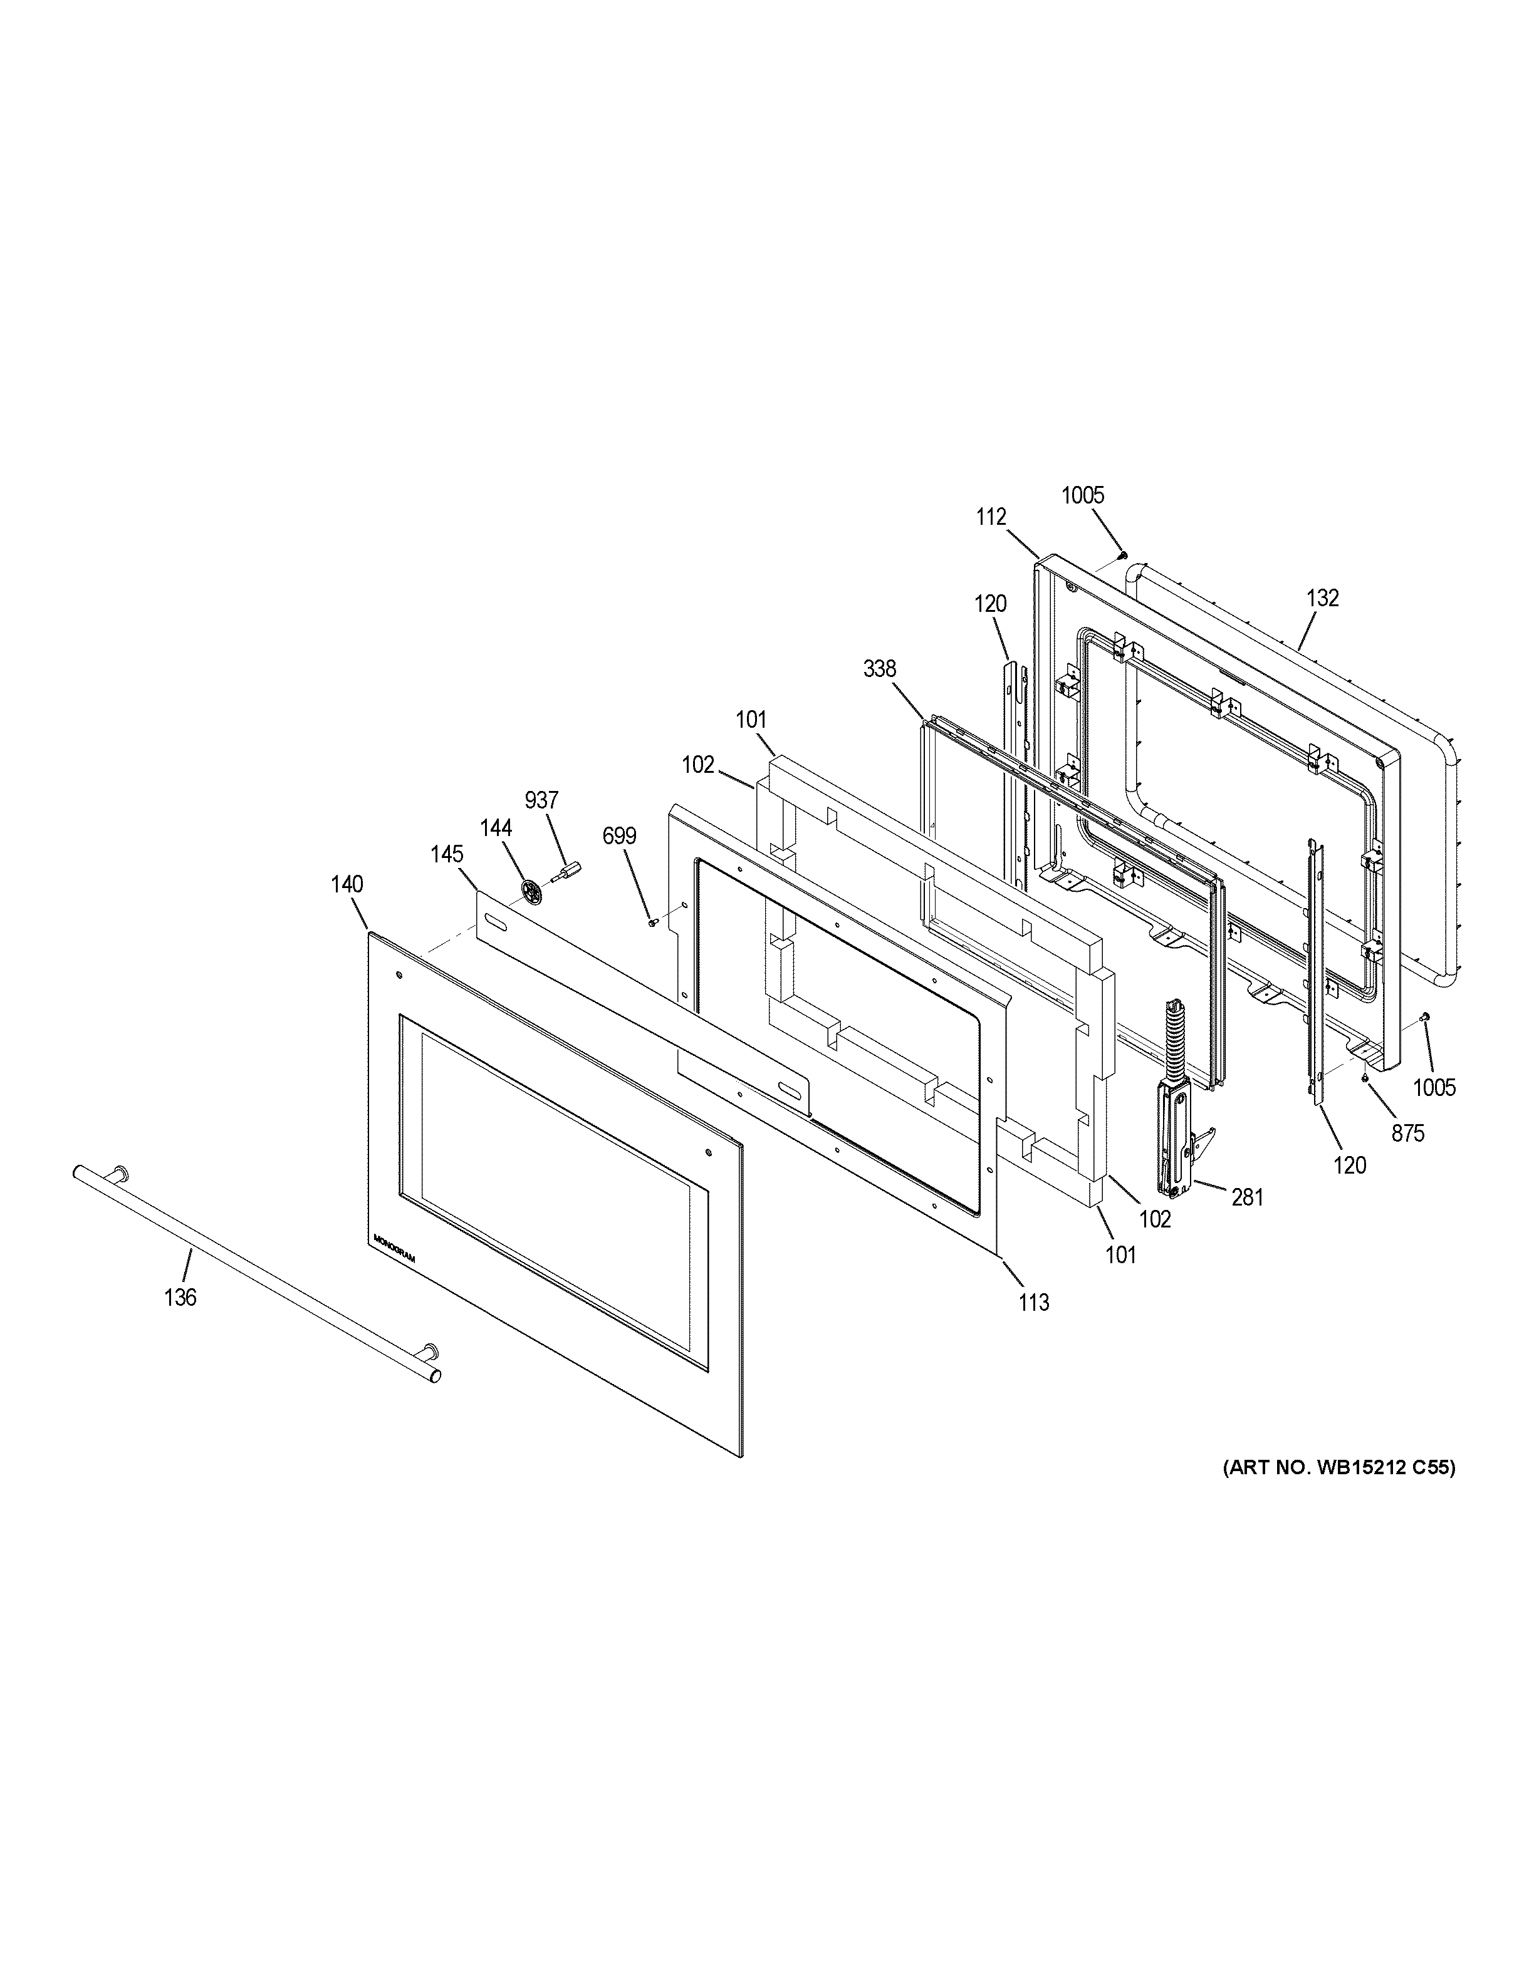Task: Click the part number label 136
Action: tap(180, 1297)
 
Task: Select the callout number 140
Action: tap(347, 884)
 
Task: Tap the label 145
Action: tap(447, 855)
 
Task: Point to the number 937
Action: tap(541, 800)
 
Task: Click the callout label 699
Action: tap(620, 836)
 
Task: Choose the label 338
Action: tap(880, 669)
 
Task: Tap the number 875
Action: tap(1407, 1133)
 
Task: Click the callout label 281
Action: tap(1248, 1197)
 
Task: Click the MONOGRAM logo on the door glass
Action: tap(394, 1248)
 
